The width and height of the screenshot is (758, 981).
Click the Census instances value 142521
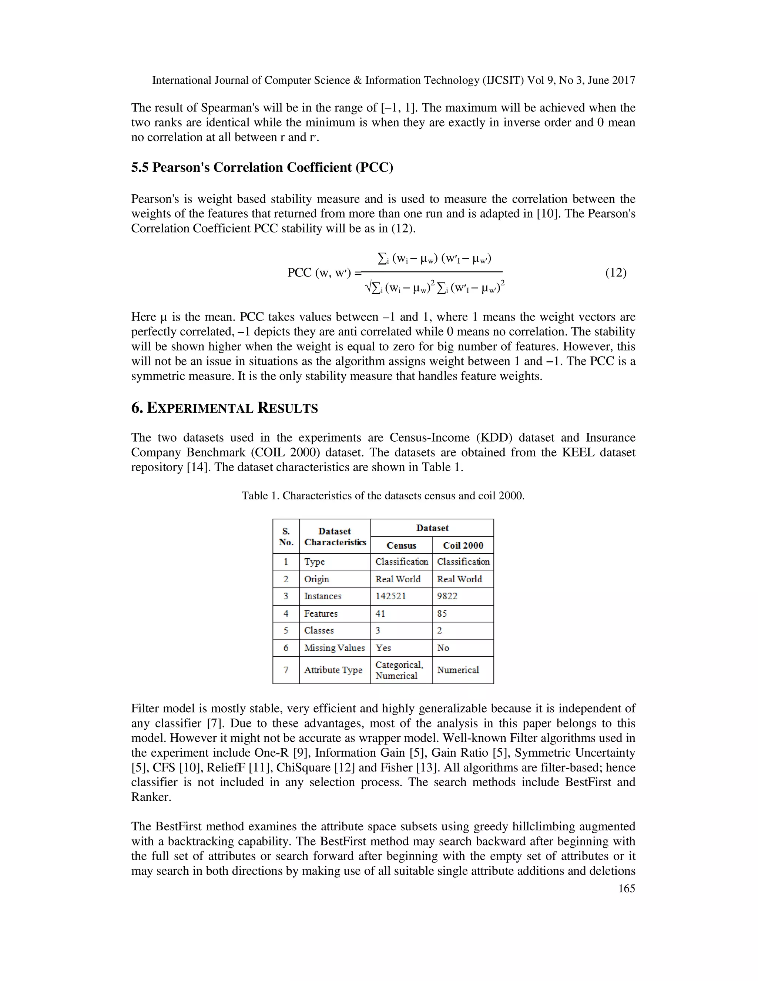pos(390,596)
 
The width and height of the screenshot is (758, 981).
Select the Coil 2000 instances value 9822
pos(447,596)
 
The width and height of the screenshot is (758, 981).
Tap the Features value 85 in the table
pos(442,613)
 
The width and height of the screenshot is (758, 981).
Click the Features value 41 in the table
pos(380,613)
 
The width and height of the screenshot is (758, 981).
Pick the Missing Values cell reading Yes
pos(383,648)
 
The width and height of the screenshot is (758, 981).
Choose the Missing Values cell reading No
pos(443,648)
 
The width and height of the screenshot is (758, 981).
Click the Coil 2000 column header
pos(463,545)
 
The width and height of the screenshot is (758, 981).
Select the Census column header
pos(401,545)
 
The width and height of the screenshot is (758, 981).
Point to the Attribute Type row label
pos(333,670)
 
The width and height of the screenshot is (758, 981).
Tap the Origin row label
pos(316,579)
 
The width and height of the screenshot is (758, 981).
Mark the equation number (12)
pos(616,273)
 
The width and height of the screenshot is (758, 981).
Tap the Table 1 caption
pos(383,496)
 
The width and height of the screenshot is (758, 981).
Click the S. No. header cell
pos(286,537)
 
